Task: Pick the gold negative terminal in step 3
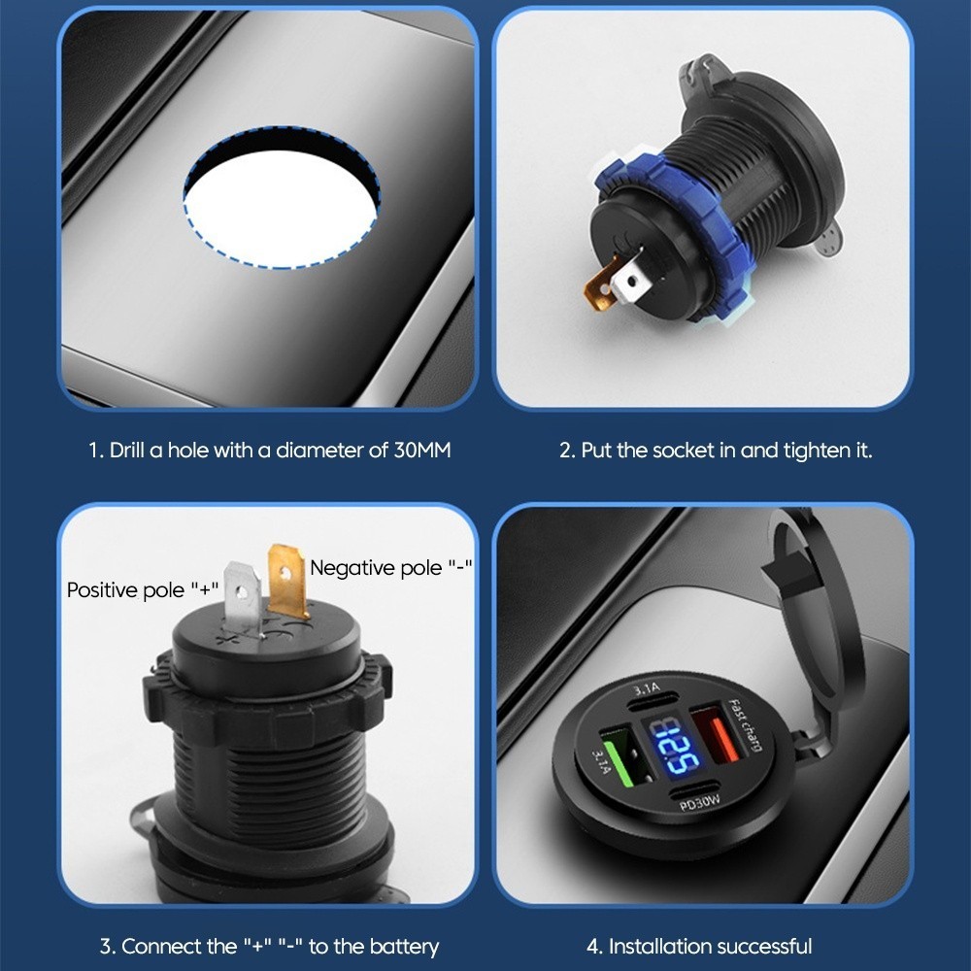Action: click(x=286, y=580)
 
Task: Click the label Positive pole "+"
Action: click(x=143, y=589)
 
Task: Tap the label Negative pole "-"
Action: click(x=390, y=567)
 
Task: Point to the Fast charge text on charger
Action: click(x=745, y=724)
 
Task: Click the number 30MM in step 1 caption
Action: click(x=421, y=450)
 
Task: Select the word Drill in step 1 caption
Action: click(x=126, y=450)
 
